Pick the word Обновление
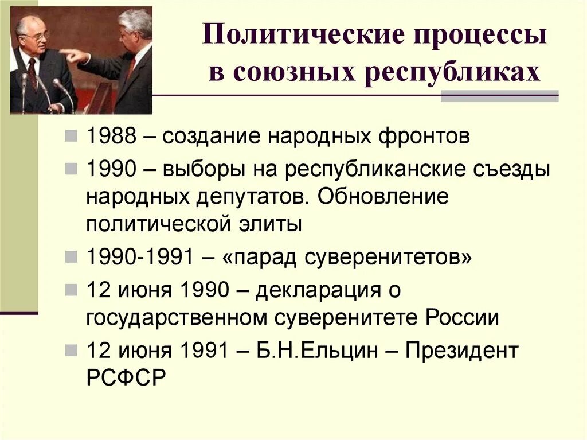click(x=381, y=196)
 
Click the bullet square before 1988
click(x=71, y=137)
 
